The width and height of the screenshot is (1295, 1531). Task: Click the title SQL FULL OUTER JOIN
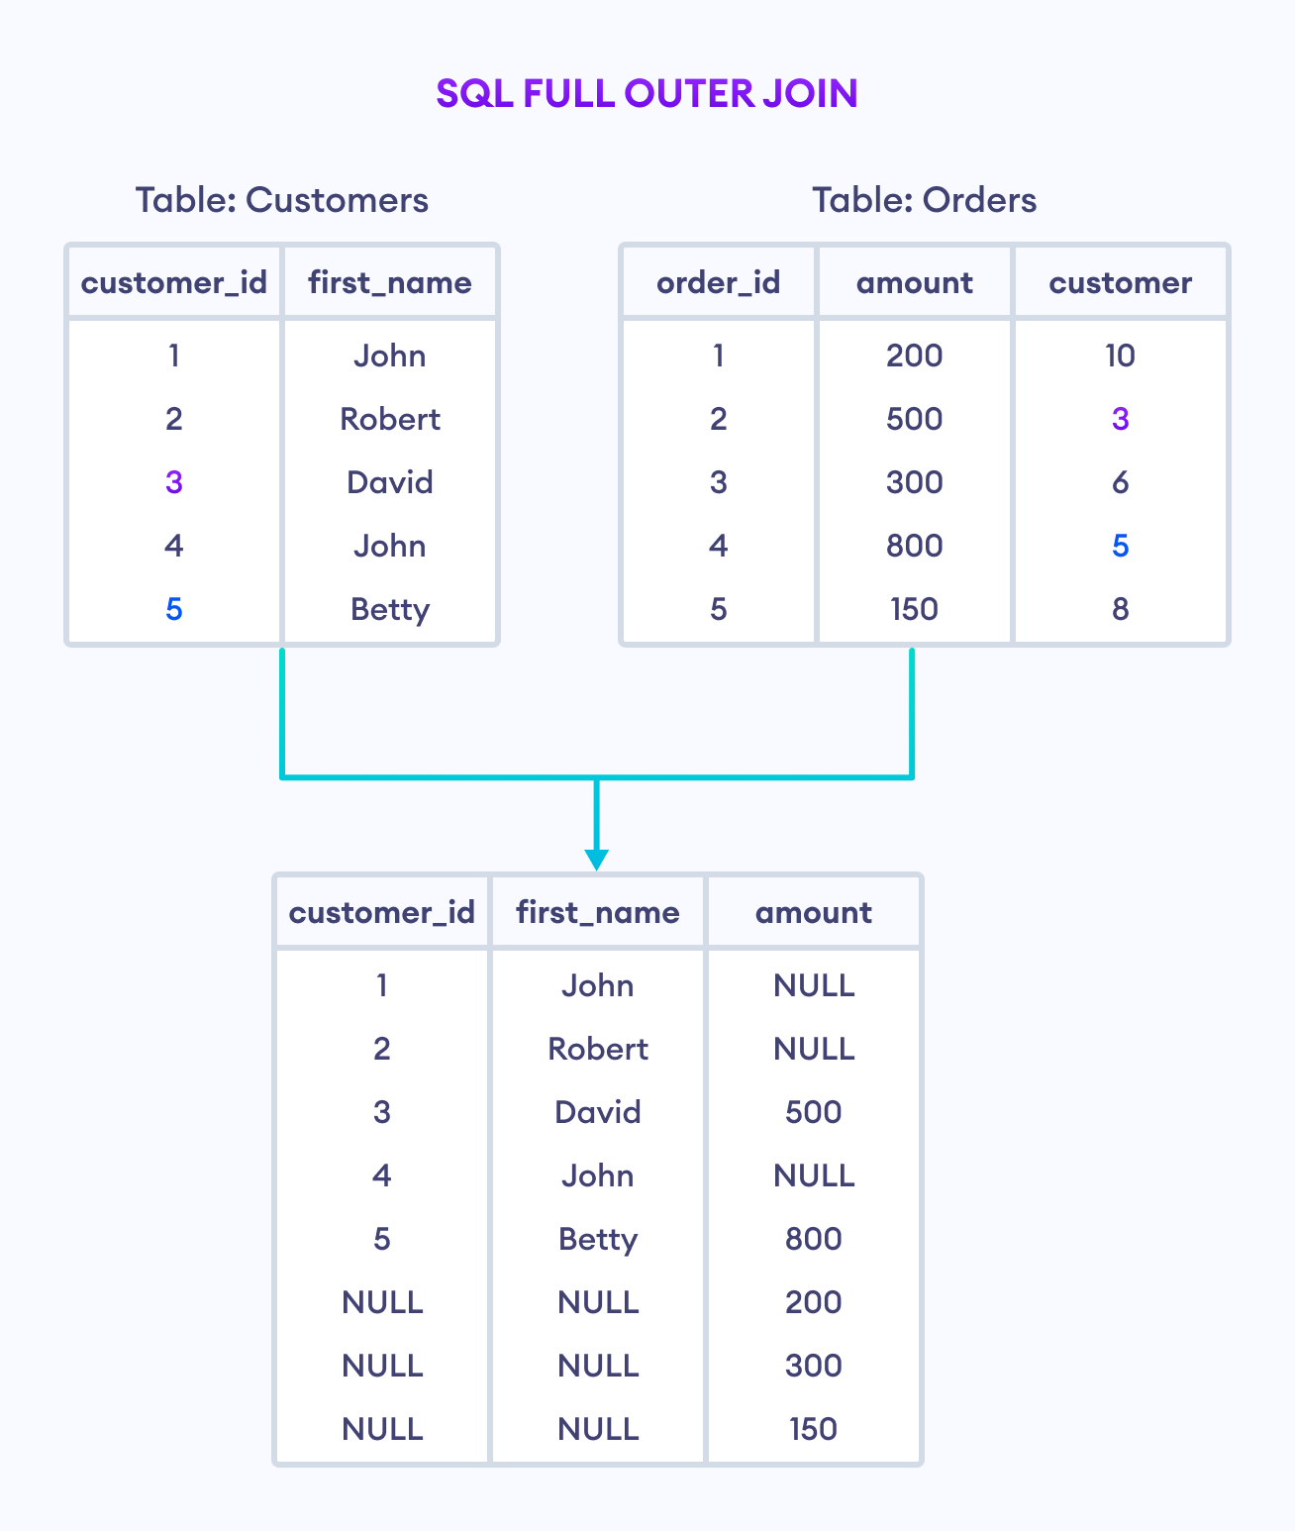(647, 94)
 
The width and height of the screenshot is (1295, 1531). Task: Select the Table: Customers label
(282, 200)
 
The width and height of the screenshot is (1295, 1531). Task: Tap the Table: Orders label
(924, 200)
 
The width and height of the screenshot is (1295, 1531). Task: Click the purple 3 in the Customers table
(174, 482)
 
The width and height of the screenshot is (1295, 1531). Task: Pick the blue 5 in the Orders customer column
(1120, 546)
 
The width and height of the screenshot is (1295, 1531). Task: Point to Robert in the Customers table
(390, 419)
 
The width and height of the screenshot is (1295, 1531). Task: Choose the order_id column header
(718, 283)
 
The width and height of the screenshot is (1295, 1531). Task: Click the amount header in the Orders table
(914, 283)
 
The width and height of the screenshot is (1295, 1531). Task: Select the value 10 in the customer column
(1120, 356)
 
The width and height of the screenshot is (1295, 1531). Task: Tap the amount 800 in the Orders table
(914, 546)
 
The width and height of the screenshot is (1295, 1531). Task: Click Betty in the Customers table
(390, 609)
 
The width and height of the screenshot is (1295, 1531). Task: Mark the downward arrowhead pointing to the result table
(596, 859)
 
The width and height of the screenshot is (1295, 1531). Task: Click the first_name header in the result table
(598, 912)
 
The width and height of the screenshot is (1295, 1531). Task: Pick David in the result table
(598, 1112)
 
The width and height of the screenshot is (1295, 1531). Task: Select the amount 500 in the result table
(813, 1112)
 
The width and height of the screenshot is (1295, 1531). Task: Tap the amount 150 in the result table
(813, 1429)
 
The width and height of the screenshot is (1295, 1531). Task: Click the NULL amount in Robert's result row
(813, 1049)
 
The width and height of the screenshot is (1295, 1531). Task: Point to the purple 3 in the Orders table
(1120, 419)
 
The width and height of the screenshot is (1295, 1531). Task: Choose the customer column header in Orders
(1120, 283)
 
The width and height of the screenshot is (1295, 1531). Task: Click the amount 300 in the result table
(813, 1366)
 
